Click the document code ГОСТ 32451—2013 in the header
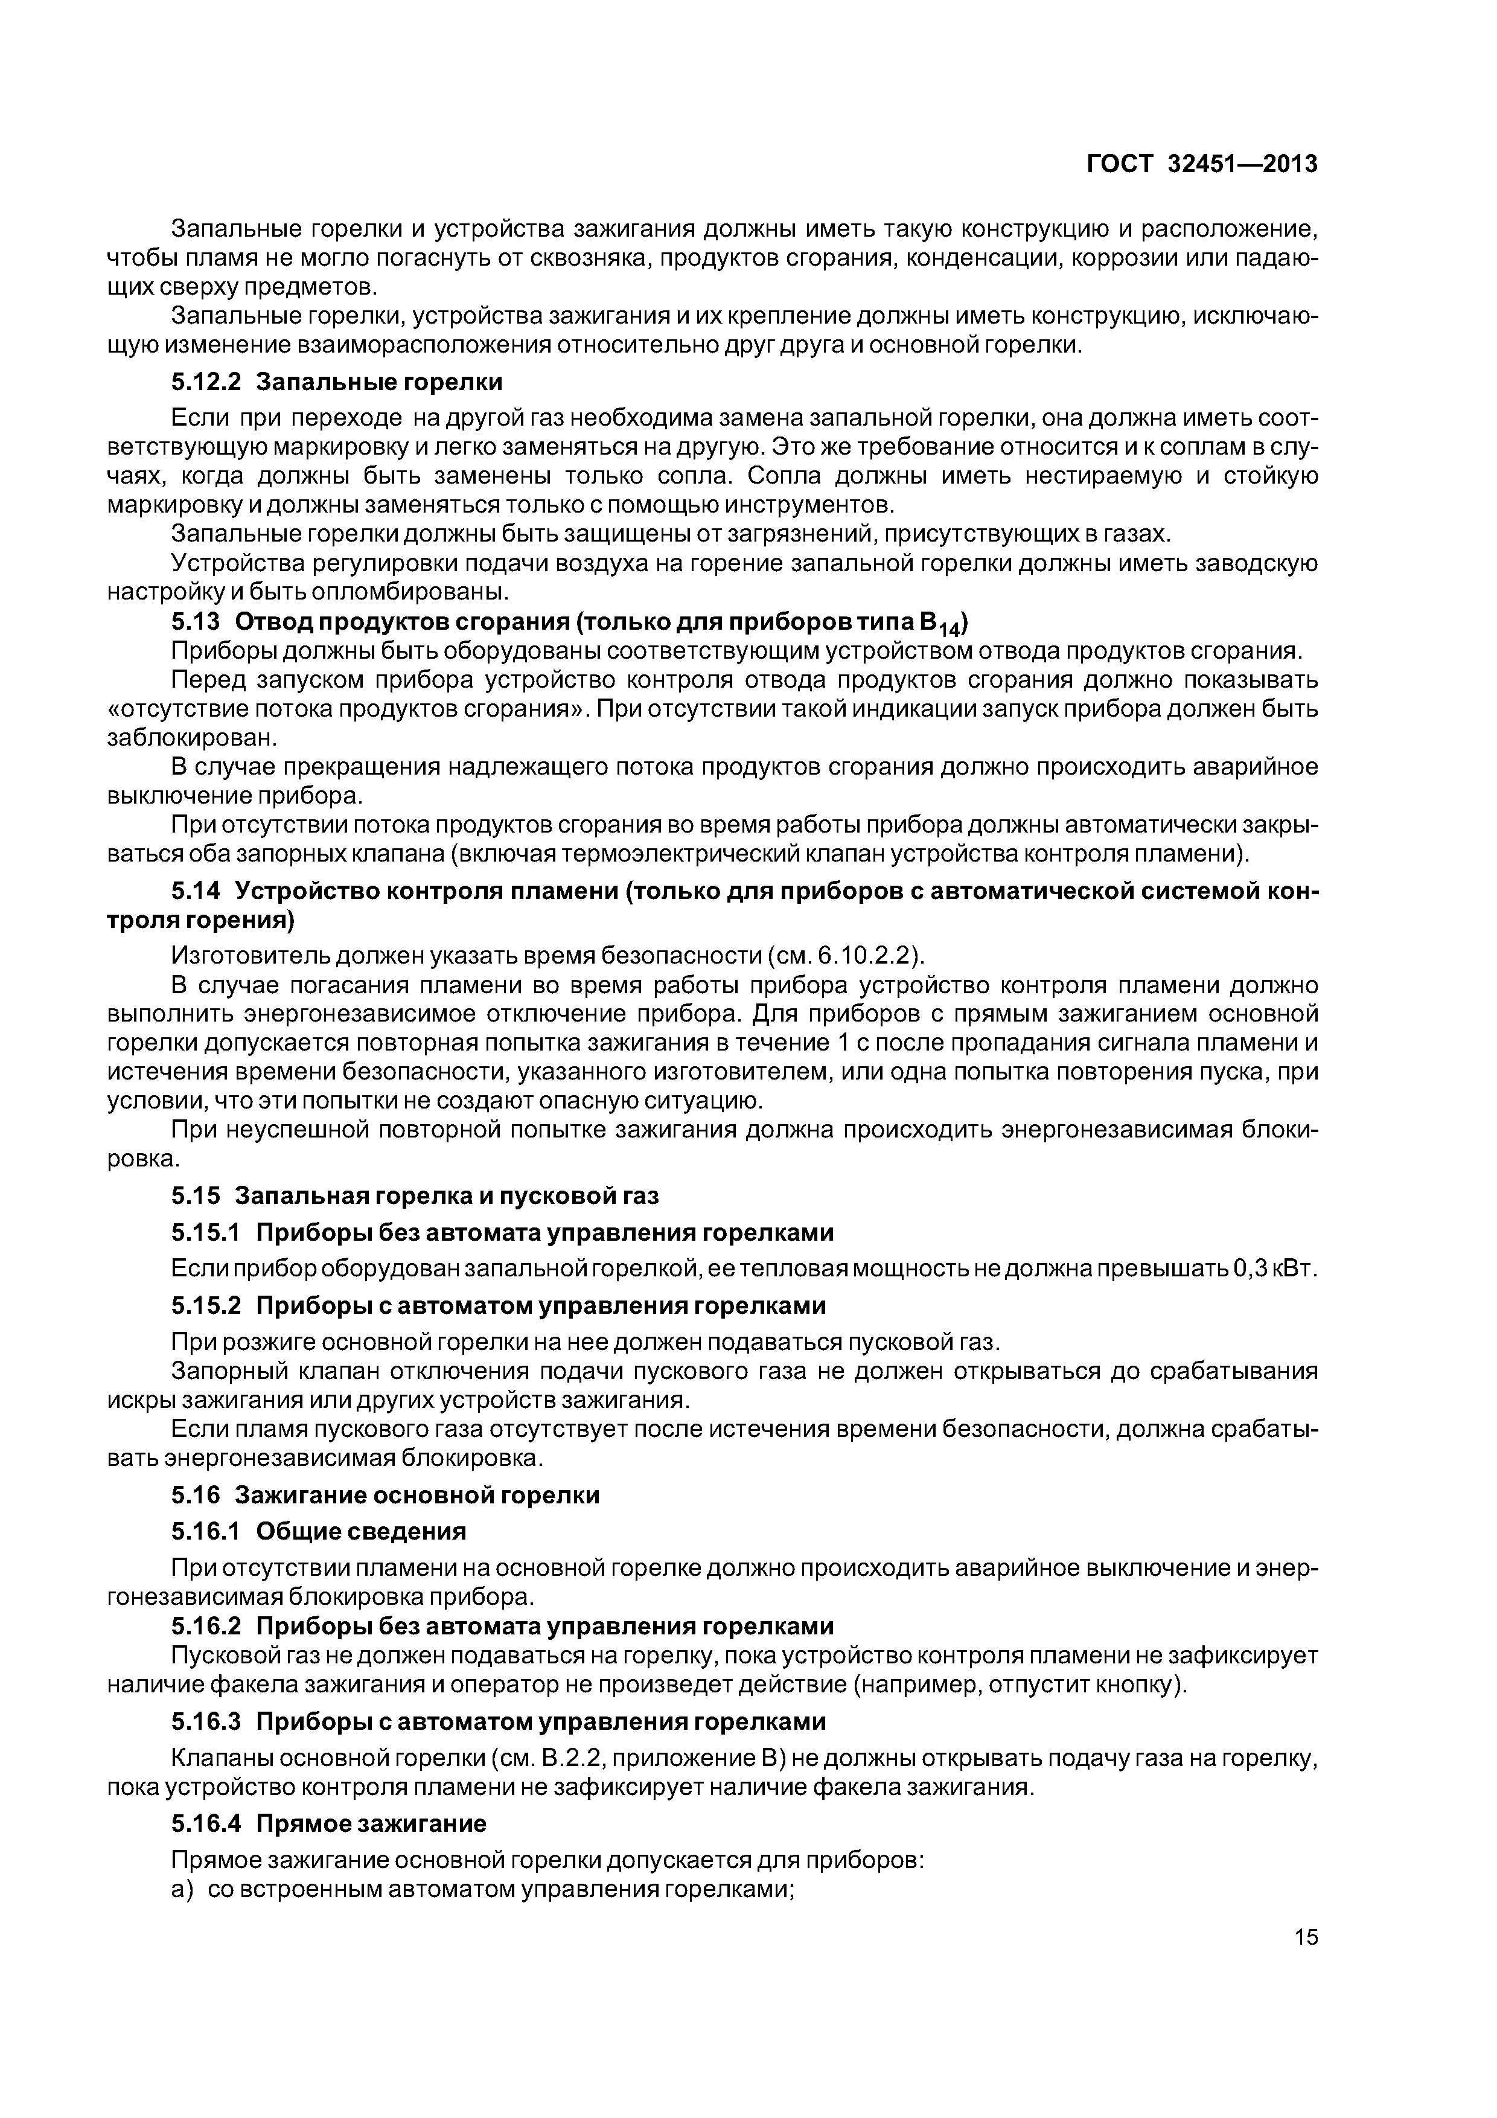(1202, 164)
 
